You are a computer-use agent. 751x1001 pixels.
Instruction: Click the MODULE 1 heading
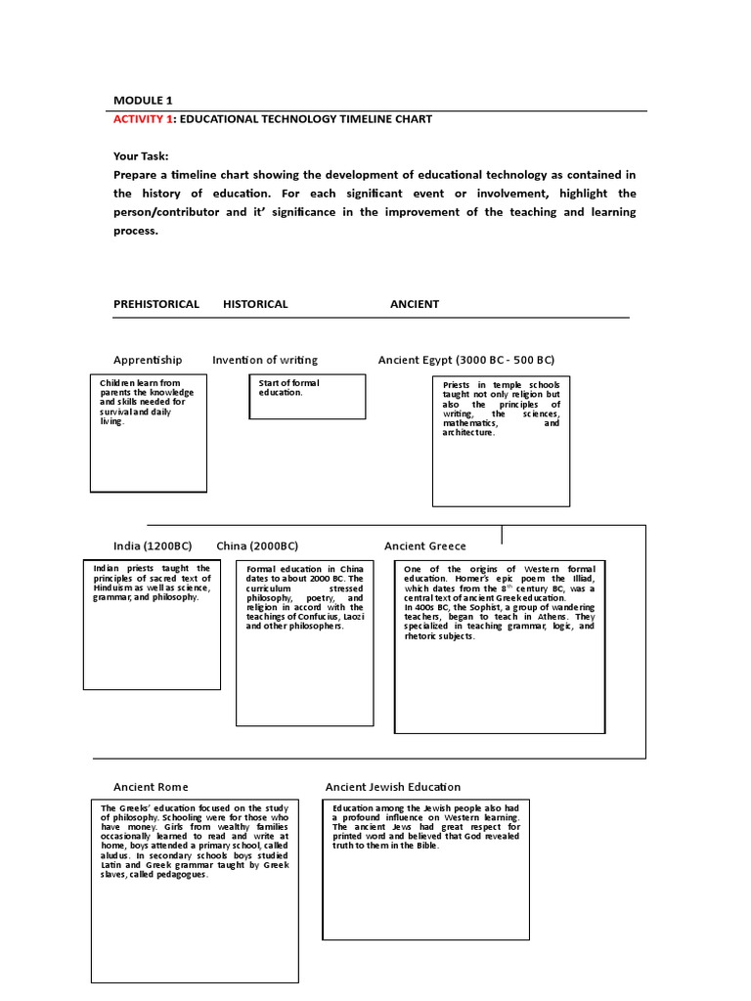click(143, 100)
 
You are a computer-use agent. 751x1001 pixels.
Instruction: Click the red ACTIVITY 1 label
click(144, 119)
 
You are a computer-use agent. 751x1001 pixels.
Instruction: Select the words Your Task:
click(141, 155)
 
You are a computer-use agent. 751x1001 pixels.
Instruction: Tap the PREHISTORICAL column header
click(156, 304)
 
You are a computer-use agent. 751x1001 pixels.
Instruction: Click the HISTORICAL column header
click(255, 304)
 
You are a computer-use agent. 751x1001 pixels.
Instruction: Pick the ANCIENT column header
click(415, 304)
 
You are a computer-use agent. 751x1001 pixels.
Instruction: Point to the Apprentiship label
click(148, 360)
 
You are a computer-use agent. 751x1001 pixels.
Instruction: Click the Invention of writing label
click(265, 360)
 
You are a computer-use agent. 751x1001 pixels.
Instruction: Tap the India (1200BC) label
click(153, 545)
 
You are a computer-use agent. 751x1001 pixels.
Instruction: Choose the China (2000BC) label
click(257, 545)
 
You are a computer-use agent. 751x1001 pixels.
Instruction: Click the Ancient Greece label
click(425, 545)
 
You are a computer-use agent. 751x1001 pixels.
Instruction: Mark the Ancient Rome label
click(151, 787)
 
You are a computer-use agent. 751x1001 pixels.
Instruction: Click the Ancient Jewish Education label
click(393, 787)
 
